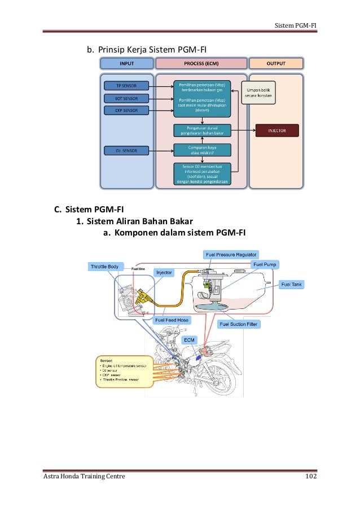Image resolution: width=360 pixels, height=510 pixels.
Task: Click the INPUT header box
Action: pyautogui.click(x=126, y=63)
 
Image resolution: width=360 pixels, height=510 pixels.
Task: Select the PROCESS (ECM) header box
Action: pyautogui.click(x=201, y=63)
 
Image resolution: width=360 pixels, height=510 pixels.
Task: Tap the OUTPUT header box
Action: pyautogui.click(x=276, y=63)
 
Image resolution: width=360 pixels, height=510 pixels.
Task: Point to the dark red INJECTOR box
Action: pyautogui.click(x=277, y=130)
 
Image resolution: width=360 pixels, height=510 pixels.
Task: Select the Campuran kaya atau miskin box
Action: pyautogui.click(x=202, y=149)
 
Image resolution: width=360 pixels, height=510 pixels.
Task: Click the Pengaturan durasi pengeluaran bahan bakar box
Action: pyautogui.click(x=202, y=130)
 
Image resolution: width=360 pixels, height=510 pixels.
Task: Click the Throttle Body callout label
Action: pyautogui.click(x=105, y=266)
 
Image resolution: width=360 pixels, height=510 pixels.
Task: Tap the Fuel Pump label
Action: pyautogui.click(x=265, y=264)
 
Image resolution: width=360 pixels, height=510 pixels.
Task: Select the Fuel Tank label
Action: pyautogui.click(x=292, y=285)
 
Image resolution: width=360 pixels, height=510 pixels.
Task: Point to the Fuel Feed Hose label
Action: pyautogui.click(x=172, y=320)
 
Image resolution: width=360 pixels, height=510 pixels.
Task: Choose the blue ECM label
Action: pyautogui.click(x=189, y=341)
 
